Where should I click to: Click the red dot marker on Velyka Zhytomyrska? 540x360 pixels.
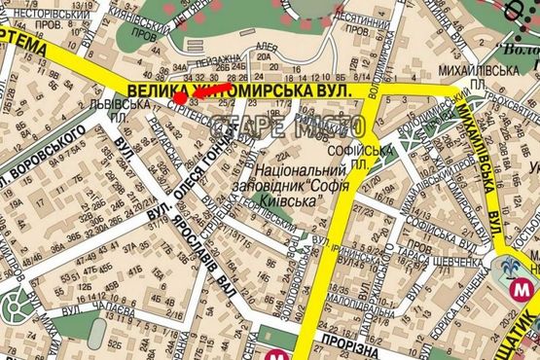tap(180, 96)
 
